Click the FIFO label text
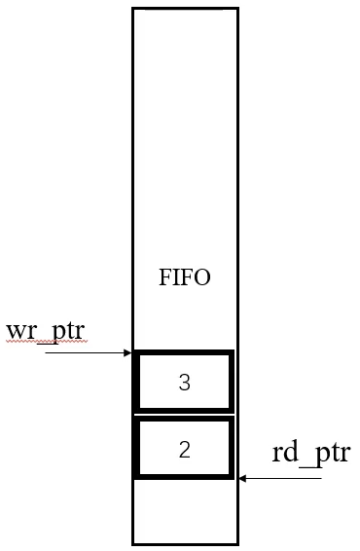(x=185, y=277)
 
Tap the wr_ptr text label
(x=45, y=331)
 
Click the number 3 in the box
(x=185, y=383)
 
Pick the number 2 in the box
(x=185, y=449)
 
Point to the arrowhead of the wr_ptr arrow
(x=128, y=353)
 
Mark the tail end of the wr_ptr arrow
(x=46, y=353)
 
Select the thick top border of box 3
(x=185, y=352)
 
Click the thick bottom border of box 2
(x=185, y=477)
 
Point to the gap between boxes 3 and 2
(x=185, y=415)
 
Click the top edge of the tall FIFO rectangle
(x=185, y=9)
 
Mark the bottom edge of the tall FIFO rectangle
(x=185, y=543)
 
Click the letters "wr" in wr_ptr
(x=18, y=331)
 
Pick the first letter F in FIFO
(x=164, y=277)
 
